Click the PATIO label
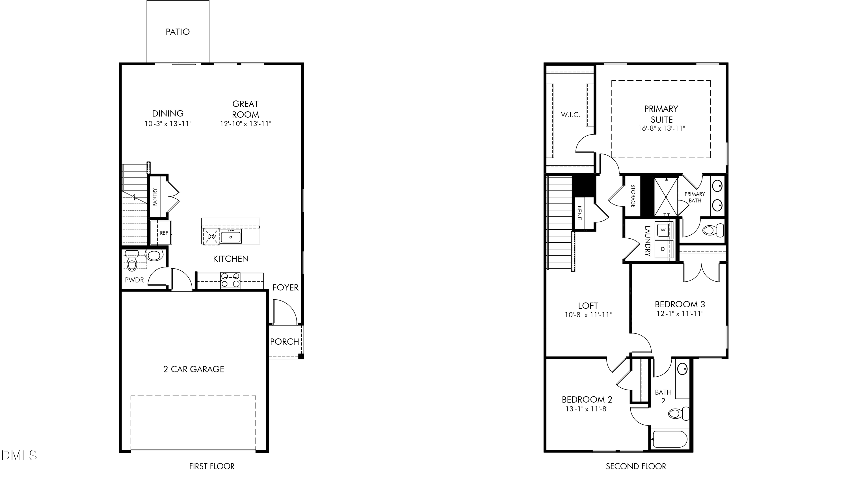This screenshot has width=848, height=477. point(178,32)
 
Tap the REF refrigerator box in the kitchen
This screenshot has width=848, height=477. point(161,233)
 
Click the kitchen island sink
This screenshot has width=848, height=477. point(231,236)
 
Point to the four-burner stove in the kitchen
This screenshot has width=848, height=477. point(230,280)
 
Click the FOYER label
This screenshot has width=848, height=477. point(285,287)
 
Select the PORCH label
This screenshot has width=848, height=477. point(284,342)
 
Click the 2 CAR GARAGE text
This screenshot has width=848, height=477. point(194,369)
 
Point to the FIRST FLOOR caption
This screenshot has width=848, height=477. point(212,466)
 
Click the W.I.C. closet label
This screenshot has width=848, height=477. point(570,115)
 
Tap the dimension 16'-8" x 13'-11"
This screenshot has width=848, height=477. point(661,128)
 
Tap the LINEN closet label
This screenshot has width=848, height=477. point(580,213)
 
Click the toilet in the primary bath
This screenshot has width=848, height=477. point(713,229)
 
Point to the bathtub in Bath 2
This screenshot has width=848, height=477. point(670,439)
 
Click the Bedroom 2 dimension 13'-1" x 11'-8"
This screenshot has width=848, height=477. point(587,409)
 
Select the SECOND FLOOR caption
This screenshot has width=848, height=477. point(636,466)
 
